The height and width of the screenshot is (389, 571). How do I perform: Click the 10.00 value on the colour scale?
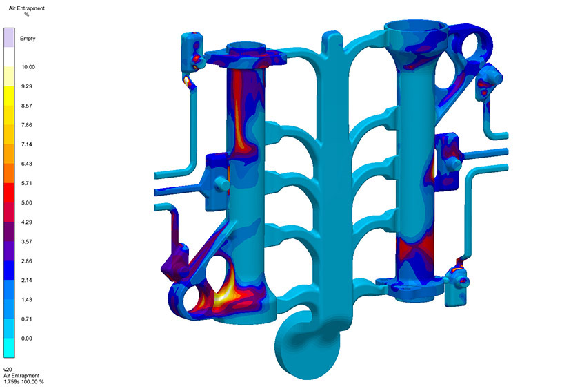tap(28, 67)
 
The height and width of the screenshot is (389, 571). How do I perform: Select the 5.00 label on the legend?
tap(27, 202)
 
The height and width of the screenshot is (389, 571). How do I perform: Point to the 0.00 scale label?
tap(27, 339)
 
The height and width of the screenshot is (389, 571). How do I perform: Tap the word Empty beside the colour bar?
tap(28, 38)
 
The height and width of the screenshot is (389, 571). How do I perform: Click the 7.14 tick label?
tap(27, 144)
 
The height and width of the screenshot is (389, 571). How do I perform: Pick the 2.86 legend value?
tap(27, 261)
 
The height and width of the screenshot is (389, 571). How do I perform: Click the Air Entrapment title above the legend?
tap(27, 8)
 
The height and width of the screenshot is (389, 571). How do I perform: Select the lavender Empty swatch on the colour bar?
tap(9, 37)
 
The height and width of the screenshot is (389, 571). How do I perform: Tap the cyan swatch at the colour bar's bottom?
tap(9, 348)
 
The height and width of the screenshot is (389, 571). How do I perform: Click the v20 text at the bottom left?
tap(8, 370)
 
